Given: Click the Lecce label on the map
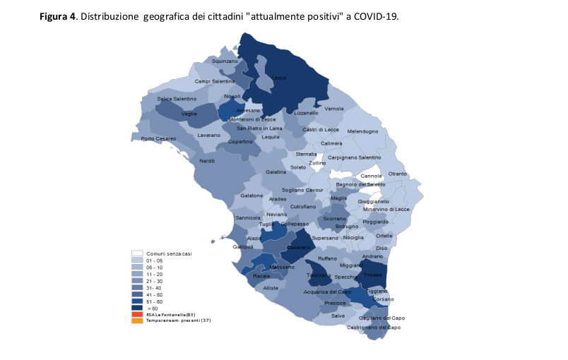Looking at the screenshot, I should [280, 78].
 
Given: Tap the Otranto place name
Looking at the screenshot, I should [398, 174].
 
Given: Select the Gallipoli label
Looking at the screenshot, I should [242, 247].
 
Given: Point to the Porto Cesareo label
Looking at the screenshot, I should [158, 138].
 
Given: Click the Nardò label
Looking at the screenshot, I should [206, 161].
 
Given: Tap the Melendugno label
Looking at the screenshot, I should [363, 131].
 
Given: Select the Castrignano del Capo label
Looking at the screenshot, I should [374, 328].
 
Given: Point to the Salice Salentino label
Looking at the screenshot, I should [177, 99].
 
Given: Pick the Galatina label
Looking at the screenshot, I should [276, 172].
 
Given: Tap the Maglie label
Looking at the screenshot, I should [339, 198].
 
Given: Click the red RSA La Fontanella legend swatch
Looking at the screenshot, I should [137, 313].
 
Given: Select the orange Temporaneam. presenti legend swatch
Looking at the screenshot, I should [137, 320].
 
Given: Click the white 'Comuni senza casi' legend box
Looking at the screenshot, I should [137, 253].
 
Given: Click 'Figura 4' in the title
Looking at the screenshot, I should [59, 16].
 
